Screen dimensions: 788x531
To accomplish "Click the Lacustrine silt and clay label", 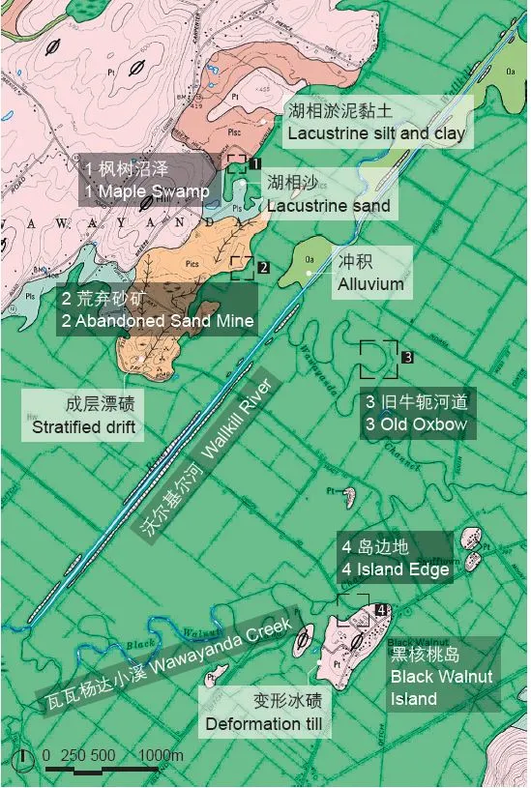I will (x=375, y=122).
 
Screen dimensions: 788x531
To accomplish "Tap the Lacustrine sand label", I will (x=328, y=193).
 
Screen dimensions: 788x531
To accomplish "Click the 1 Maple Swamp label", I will (x=147, y=180).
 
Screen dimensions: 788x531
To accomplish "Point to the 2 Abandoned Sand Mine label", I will (x=157, y=309).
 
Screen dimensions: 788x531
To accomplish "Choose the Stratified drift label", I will (x=84, y=414).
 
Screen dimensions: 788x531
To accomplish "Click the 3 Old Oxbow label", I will (x=416, y=414).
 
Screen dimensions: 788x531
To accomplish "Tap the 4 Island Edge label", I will (x=395, y=559).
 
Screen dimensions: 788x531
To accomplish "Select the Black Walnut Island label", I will (x=442, y=675).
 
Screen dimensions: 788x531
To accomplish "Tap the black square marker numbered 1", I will (x=256, y=164).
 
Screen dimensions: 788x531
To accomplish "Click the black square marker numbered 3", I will (x=408, y=357).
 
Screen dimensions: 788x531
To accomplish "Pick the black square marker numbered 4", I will (x=382, y=609).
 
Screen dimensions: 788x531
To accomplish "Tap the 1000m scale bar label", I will (x=161, y=755).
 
